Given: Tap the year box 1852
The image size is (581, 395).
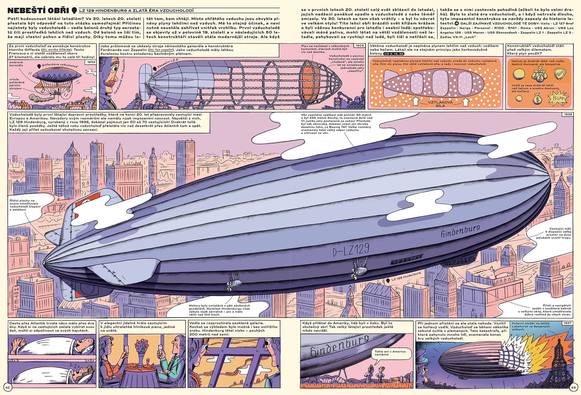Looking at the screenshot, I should (x=91, y=62).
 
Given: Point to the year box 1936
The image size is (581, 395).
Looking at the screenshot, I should (x=568, y=114).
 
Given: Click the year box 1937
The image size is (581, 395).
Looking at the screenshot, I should (x=568, y=323).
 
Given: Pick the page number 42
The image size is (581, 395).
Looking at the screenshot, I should (x=7, y=387).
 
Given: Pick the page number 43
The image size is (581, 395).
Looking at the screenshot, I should (x=573, y=387).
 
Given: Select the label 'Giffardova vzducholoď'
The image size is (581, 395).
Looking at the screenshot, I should (x=60, y=66).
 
